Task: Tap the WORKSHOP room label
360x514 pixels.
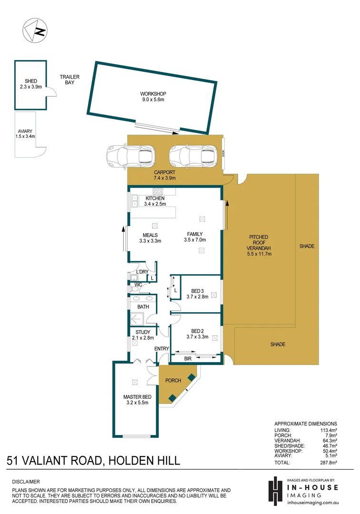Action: coord(153,94)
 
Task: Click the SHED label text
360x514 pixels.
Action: coord(31,81)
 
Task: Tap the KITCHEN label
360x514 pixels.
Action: coord(155,198)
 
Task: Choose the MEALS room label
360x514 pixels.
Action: coord(150,235)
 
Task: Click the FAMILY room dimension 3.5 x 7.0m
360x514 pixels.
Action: coord(195,240)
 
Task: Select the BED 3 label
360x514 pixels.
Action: coord(198,291)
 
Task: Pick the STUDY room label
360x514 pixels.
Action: coord(143,332)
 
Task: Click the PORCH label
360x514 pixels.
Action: coord(173,381)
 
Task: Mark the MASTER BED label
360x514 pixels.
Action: coord(137,396)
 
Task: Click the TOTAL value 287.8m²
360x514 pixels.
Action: coord(327,462)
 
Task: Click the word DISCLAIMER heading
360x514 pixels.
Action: coord(26,482)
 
